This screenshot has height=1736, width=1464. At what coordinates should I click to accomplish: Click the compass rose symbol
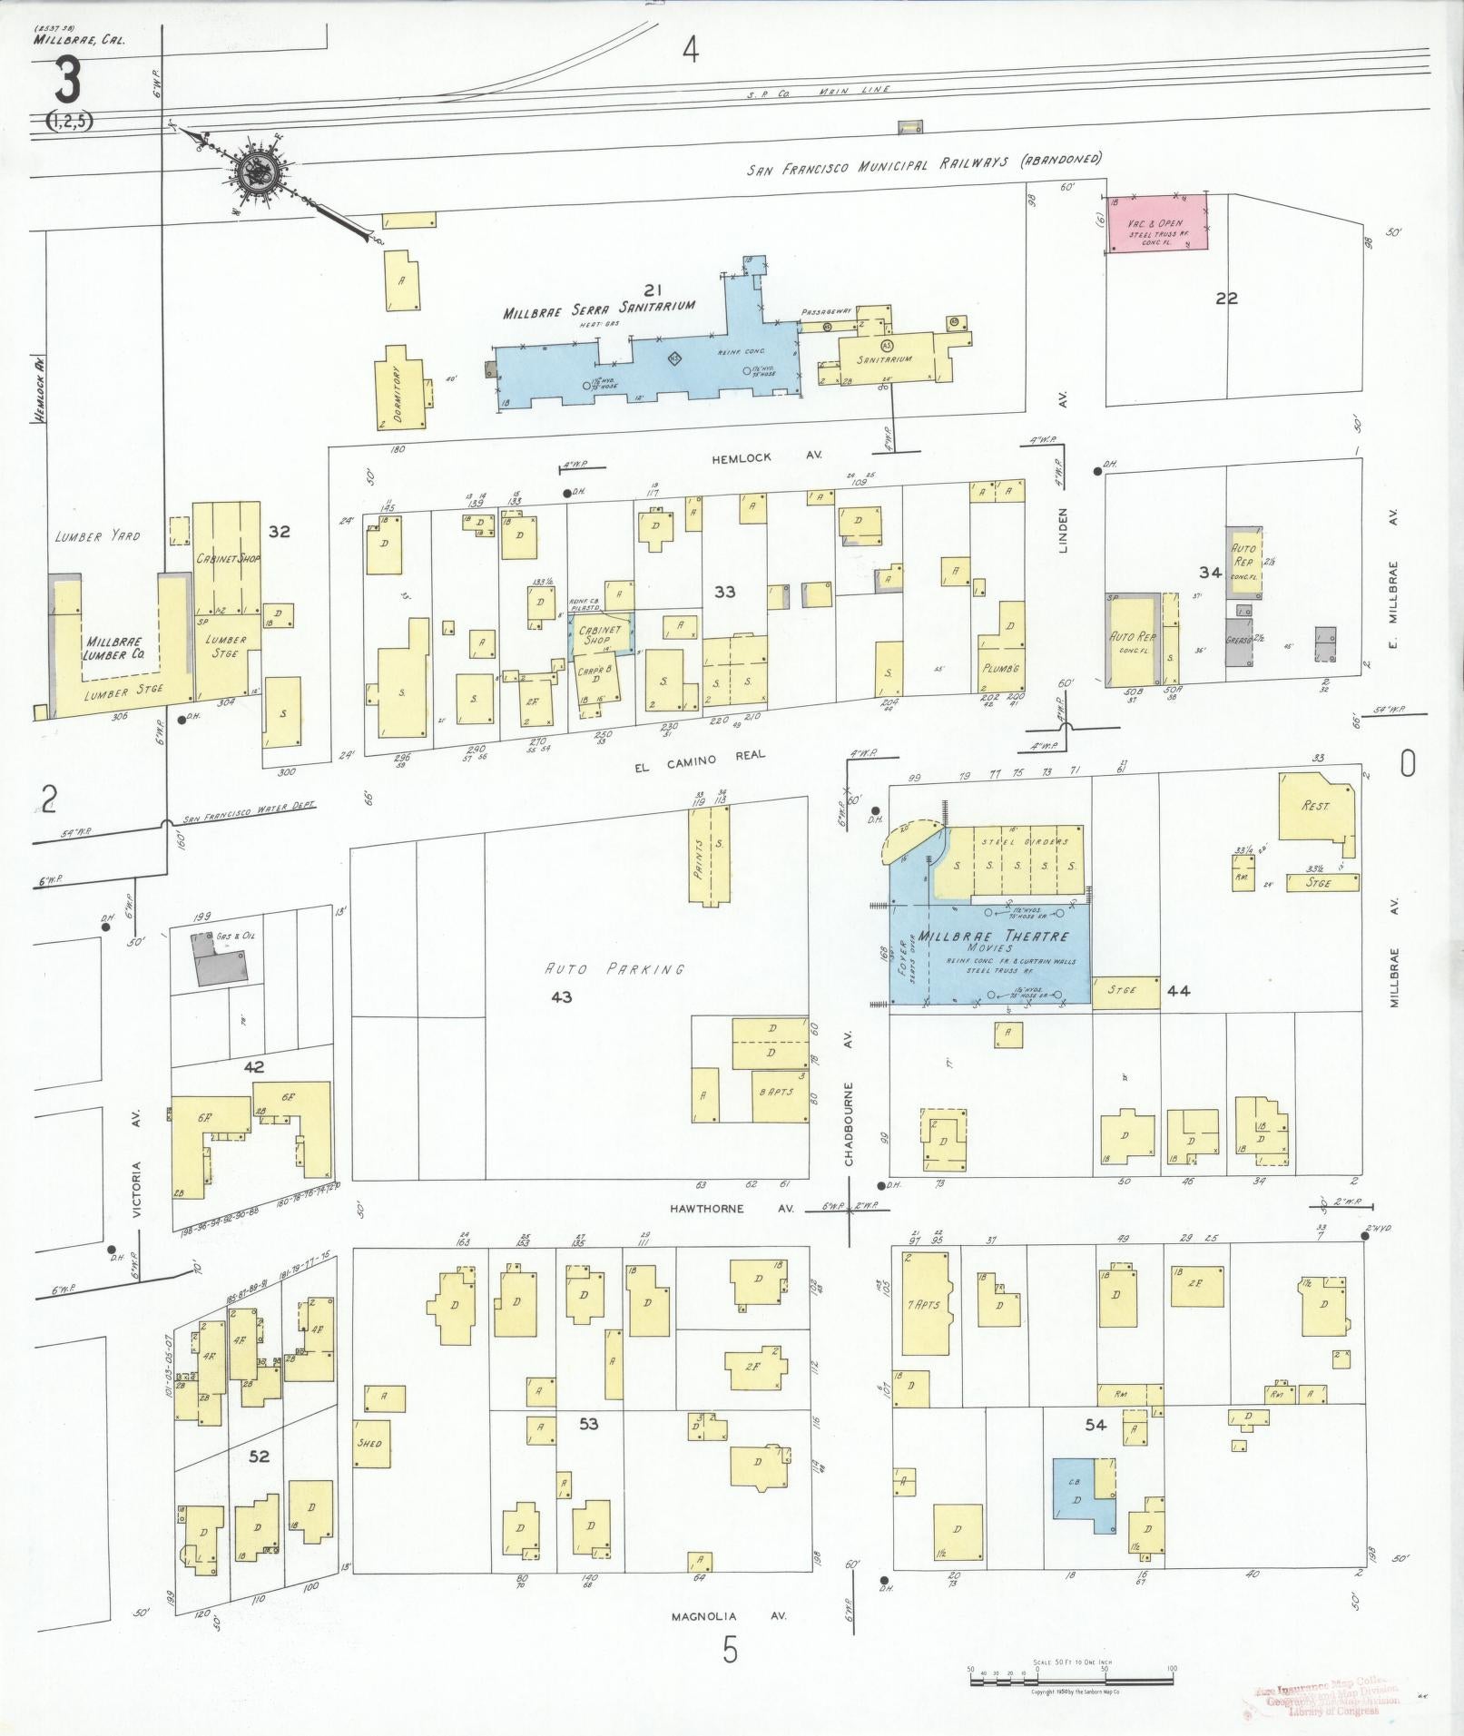[260, 169]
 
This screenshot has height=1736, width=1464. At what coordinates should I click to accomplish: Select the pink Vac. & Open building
[1157, 222]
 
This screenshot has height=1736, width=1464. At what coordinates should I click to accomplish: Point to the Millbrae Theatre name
[993, 936]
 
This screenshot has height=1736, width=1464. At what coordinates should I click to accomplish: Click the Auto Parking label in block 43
[614, 969]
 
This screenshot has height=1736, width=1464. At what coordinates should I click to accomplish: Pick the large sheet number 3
[66, 81]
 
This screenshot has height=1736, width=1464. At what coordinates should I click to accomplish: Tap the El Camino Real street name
[701, 755]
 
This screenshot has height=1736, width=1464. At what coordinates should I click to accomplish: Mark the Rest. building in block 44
[1316, 805]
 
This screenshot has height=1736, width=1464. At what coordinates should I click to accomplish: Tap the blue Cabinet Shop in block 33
[601, 633]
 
